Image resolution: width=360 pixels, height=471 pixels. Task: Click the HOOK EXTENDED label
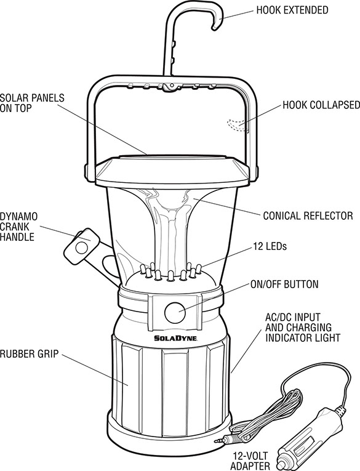point(292,10)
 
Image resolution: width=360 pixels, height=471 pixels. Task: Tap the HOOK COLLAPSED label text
point(321,105)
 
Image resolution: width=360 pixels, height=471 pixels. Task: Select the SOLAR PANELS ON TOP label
point(32,103)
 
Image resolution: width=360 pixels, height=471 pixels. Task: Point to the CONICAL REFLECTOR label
point(308,215)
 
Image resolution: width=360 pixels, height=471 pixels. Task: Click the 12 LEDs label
point(270,246)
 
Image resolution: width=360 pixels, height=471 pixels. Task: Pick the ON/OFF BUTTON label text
point(284,284)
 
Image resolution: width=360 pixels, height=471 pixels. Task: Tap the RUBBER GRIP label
point(29,353)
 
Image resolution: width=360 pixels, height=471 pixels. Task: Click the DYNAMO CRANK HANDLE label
point(19,227)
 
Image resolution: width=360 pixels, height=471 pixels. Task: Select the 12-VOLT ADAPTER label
point(250,461)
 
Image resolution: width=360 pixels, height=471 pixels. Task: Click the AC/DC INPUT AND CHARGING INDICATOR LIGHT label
point(303,328)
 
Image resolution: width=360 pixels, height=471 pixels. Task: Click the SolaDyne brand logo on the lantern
point(175,338)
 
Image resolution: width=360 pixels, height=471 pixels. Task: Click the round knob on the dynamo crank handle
point(81,248)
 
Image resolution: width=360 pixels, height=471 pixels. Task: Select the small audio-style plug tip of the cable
point(218,441)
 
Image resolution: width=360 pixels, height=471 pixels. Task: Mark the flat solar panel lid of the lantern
point(172,171)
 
